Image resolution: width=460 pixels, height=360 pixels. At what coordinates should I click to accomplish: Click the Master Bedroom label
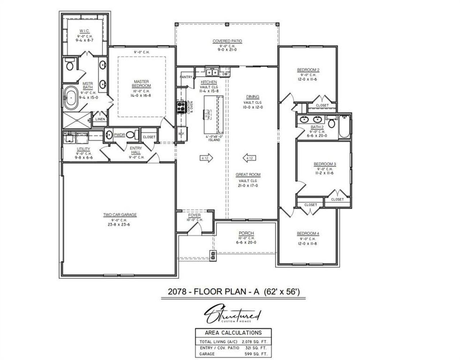point(141,84)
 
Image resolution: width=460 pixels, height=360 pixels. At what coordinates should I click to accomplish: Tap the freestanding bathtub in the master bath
point(71,98)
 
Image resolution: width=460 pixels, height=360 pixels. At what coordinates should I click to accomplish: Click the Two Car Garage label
point(120,215)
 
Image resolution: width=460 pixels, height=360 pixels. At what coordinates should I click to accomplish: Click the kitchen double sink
point(211,72)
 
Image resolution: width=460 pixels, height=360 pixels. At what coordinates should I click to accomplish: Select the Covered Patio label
point(227,41)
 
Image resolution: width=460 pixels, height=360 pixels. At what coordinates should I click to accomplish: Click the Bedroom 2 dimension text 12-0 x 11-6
point(308,79)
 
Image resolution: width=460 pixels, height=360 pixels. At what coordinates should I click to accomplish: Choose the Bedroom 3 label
point(325,164)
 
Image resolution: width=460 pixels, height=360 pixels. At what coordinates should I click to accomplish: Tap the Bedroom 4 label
point(308,233)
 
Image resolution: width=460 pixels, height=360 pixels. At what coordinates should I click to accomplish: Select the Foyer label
point(194,215)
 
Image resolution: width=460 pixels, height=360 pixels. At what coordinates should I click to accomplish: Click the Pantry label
point(186,77)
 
